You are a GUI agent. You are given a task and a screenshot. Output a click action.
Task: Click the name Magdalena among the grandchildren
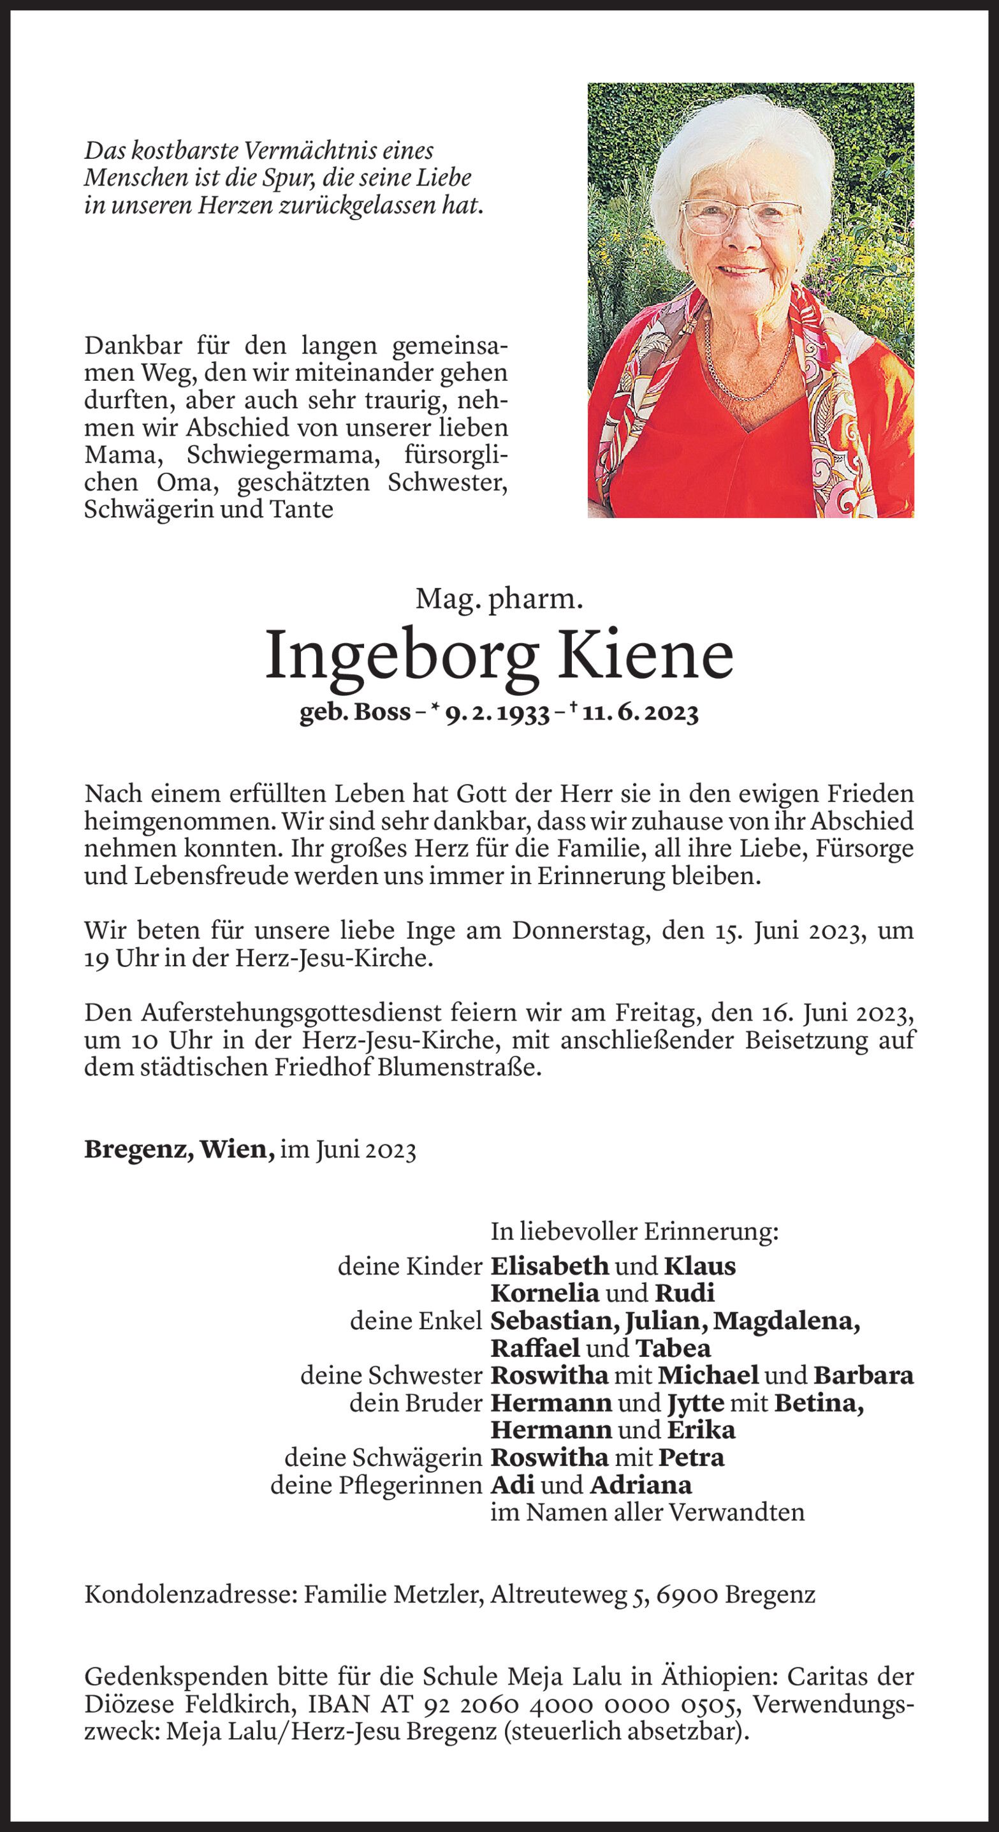[785, 1321]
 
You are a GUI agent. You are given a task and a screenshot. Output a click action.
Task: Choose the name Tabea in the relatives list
[673, 1348]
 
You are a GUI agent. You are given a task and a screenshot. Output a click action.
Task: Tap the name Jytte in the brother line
[695, 1403]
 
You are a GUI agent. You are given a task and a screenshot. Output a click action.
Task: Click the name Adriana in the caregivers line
[640, 1485]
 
